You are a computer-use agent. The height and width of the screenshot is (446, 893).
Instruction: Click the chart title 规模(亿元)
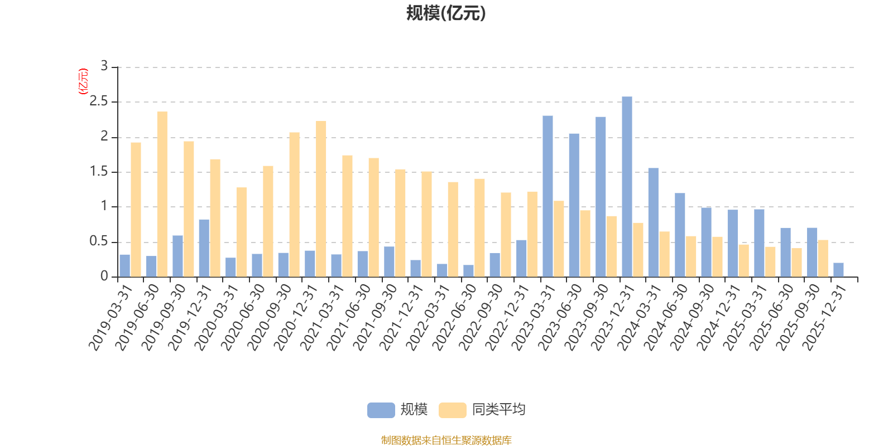pos(446,13)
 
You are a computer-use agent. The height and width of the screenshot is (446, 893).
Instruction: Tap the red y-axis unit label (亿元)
pos(83,81)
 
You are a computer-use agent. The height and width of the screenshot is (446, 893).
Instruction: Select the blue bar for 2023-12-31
pos(627,187)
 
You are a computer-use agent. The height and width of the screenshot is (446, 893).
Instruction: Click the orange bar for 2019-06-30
pos(162,195)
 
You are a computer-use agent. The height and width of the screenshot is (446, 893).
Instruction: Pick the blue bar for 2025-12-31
pos(838,270)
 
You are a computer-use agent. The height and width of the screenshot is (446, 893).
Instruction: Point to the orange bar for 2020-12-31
pos(321,199)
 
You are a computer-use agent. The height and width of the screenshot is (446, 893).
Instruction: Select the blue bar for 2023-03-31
pos(548,196)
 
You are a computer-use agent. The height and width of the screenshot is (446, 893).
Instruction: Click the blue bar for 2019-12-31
pos(204,249)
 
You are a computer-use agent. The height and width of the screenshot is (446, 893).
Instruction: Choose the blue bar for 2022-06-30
pos(468,271)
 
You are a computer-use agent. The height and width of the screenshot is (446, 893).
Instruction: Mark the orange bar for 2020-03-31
pos(242,232)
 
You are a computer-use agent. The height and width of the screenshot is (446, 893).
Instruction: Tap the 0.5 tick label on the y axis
pos(98,241)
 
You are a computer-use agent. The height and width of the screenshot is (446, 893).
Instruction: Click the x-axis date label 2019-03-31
pos(111,318)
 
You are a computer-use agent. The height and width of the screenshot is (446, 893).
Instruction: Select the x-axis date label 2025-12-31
pos(824,318)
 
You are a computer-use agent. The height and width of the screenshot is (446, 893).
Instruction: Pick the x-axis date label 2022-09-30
pos(481,318)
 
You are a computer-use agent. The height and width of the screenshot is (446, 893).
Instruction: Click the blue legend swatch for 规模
pos(381,410)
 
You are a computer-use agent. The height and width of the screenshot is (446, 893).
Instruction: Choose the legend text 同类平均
pos(499,410)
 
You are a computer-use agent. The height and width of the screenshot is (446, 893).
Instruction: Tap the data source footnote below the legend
pos(446,440)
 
